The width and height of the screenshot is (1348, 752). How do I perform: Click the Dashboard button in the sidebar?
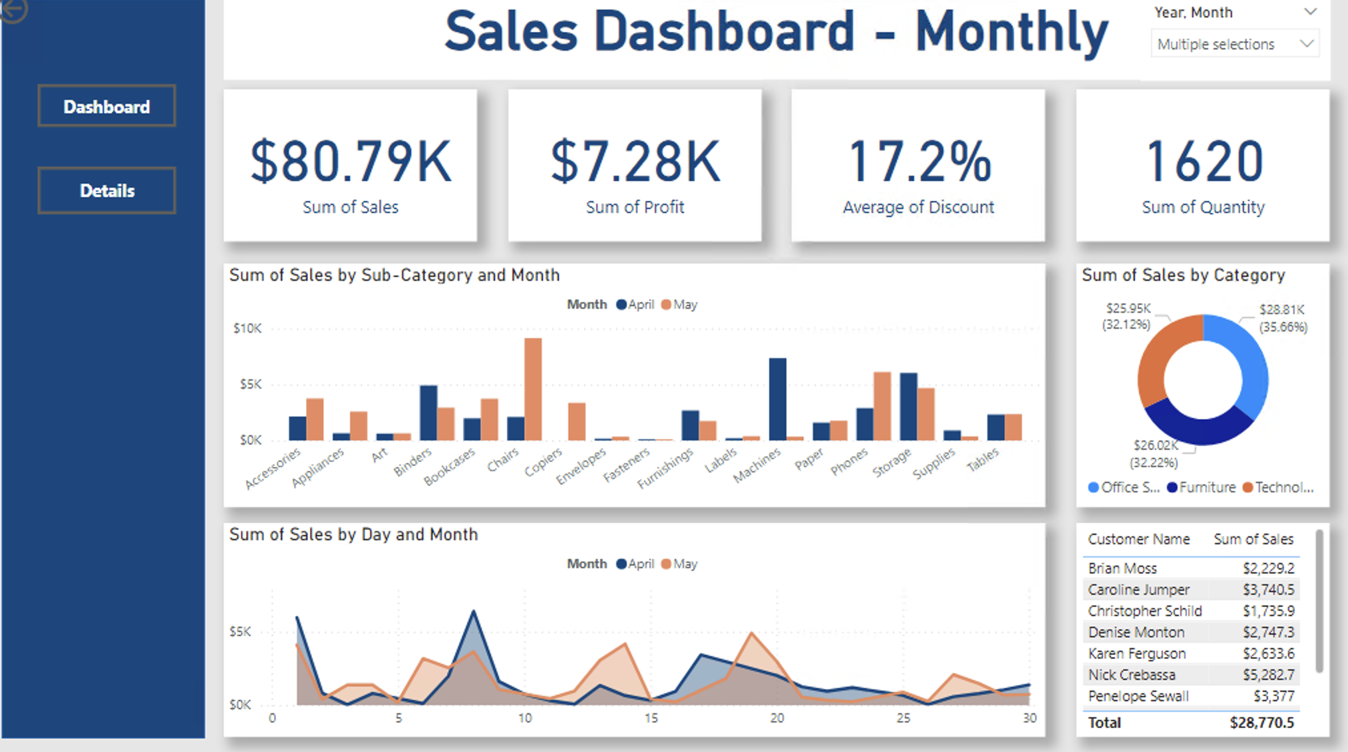pos(106,106)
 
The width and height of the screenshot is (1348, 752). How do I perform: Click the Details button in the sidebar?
pos(106,191)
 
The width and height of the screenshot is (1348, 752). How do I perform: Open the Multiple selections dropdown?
pos(1234,44)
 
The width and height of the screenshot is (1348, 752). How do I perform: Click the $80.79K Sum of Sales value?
pos(351,161)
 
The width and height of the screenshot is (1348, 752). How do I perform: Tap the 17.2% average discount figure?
pos(919,161)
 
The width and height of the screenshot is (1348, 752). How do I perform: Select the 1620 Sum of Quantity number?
pos(1203,161)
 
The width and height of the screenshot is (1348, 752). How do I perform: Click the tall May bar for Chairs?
pos(533,389)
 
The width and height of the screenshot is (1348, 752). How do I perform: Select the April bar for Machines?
pos(777,399)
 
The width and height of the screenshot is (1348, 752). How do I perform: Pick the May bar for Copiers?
pos(577,421)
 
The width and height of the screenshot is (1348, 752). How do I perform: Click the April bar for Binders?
pos(428,413)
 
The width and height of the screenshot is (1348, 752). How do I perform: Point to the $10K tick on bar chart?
pos(248,328)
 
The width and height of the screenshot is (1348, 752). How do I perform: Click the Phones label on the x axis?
pos(849,461)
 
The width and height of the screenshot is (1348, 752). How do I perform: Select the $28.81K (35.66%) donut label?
pos(1282,318)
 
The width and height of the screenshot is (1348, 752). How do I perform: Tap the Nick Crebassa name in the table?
pos(1131,675)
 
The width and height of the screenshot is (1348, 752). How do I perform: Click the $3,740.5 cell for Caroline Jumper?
pos(1268,590)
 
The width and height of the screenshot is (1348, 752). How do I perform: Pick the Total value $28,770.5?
pos(1262,723)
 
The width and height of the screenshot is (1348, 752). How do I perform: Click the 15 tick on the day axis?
pos(651,718)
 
